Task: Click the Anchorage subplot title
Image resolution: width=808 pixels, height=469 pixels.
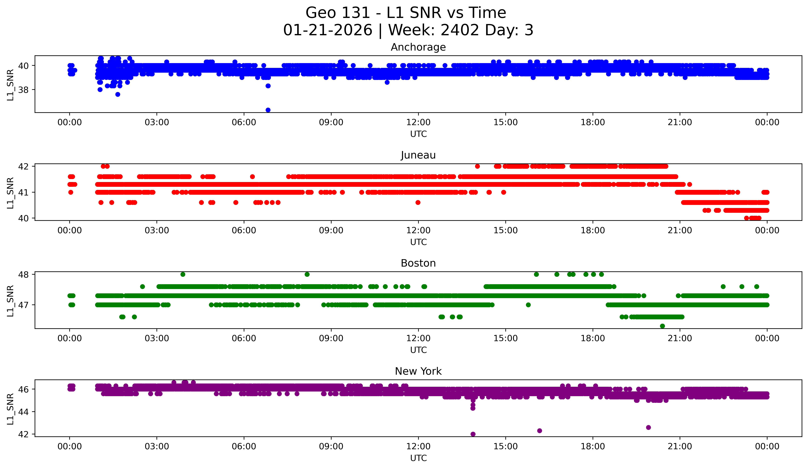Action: tap(418, 47)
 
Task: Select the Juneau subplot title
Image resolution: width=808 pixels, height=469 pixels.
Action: tap(418, 155)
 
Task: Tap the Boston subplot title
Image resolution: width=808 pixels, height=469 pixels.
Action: tap(418, 263)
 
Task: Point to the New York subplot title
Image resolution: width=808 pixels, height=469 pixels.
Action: tap(418, 371)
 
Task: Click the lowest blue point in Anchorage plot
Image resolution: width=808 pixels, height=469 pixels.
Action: tap(268, 110)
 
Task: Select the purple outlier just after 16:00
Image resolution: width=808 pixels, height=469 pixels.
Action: tap(540, 430)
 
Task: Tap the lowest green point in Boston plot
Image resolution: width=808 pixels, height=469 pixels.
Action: tap(662, 326)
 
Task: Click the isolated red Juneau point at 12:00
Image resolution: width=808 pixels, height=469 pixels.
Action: tap(418, 202)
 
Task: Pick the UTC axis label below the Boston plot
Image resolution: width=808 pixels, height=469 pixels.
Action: tap(418, 350)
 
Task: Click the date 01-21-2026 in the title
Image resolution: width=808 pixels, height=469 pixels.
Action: tap(328, 30)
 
